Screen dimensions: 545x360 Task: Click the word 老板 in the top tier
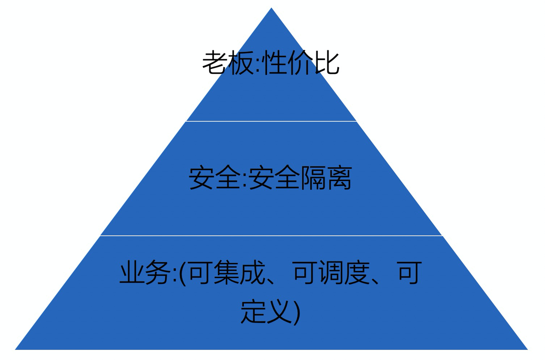pyautogui.click(x=229, y=63)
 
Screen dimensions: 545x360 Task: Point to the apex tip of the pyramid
pyautogui.click(x=271, y=9)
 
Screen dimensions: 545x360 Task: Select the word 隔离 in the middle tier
pyautogui.click(x=326, y=178)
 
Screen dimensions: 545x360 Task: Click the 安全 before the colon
pyautogui.click(x=214, y=178)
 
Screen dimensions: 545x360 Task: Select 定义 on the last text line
pyautogui.click(x=266, y=311)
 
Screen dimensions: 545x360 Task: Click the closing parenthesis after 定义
pyautogui.click(x=297, y=312)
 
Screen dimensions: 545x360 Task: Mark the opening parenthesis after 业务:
pyautogui.click(x=183, y=273)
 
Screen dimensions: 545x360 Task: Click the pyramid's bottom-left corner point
pyautogui.click(x=16, y=349)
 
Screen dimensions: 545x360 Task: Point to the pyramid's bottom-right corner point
pyautogui.click(x=527, y=349)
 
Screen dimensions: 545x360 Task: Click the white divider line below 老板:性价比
pyautogui.click(x=271, y=121)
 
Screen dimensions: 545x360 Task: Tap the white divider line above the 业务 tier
pyautogui.click(x=271, y=236)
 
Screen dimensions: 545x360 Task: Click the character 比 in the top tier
pyautogui.click(x=327, y=63)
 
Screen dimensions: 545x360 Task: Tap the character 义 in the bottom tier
pyautogui.click(x=279, y=311)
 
